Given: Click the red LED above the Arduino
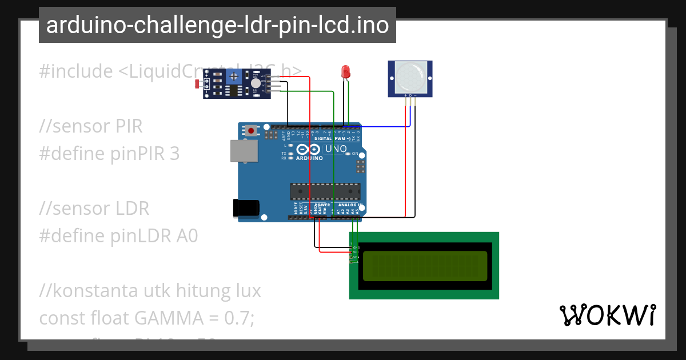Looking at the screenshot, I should [345, 71].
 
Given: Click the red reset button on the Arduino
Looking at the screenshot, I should [251, 130].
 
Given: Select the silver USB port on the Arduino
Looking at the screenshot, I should [243, 151].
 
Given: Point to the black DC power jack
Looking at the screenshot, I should [245, 207].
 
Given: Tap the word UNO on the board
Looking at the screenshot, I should [336, 149].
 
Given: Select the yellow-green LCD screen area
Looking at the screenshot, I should [425, 266].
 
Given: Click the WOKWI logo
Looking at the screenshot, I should [607, 315].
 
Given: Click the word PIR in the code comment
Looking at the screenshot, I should [126, 126].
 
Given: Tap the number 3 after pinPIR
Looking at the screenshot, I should [174, 154].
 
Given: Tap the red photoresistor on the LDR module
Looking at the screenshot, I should [198, 84].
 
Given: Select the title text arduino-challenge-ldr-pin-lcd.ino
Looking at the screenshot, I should [217, 25].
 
